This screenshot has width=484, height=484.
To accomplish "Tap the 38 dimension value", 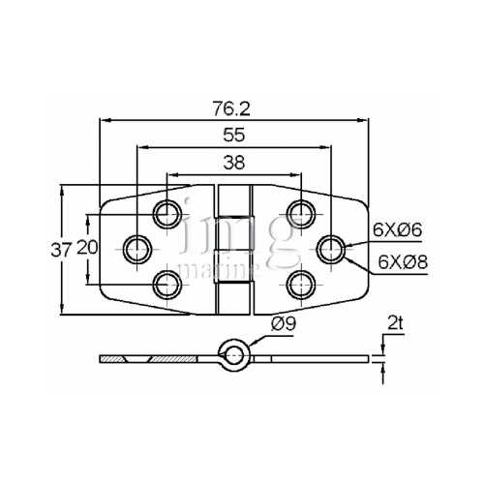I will click(233, 164).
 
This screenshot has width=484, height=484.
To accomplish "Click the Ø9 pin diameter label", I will click(287, 325).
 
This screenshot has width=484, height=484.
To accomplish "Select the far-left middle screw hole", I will click(137, 248).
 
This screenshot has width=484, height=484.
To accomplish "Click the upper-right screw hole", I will click(299, 213).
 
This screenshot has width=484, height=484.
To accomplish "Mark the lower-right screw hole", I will click(299, 283).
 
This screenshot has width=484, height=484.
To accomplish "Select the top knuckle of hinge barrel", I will click(234, 200).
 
